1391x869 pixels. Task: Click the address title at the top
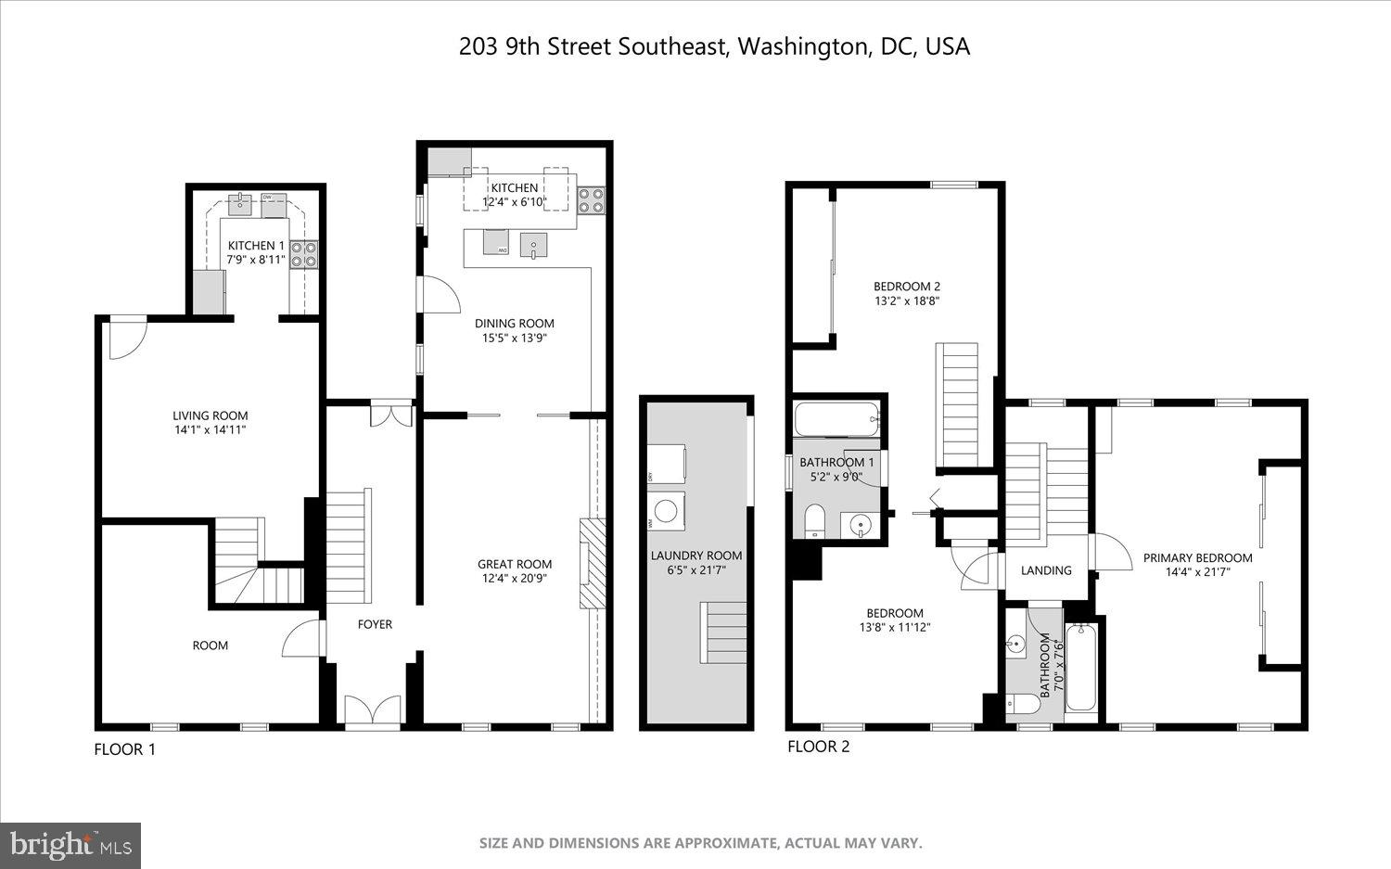pos(714,47)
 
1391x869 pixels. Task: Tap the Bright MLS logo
pos(70,845)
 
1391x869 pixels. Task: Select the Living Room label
pos(211,415)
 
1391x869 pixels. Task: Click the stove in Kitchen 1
pos(303,253)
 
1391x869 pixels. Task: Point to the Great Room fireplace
pos(591,563)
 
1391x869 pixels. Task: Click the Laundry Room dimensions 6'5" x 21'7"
pos(696,570)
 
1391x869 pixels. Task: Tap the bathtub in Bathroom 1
pos(837,420)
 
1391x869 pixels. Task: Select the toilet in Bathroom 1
pos(814,520)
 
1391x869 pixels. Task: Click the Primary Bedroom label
pos(1197,557)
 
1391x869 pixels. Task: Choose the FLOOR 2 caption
pos(818,747)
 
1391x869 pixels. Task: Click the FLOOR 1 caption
pos(125,749)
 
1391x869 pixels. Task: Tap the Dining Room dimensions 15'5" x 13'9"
pos(514,339)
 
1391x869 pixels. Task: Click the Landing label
pos(1046,570)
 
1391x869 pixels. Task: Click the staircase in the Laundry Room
pos(723,633)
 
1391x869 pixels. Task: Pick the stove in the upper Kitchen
pos(591,196)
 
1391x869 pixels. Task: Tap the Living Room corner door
pos(127,339)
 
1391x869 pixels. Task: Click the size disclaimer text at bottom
pos(700,843)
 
